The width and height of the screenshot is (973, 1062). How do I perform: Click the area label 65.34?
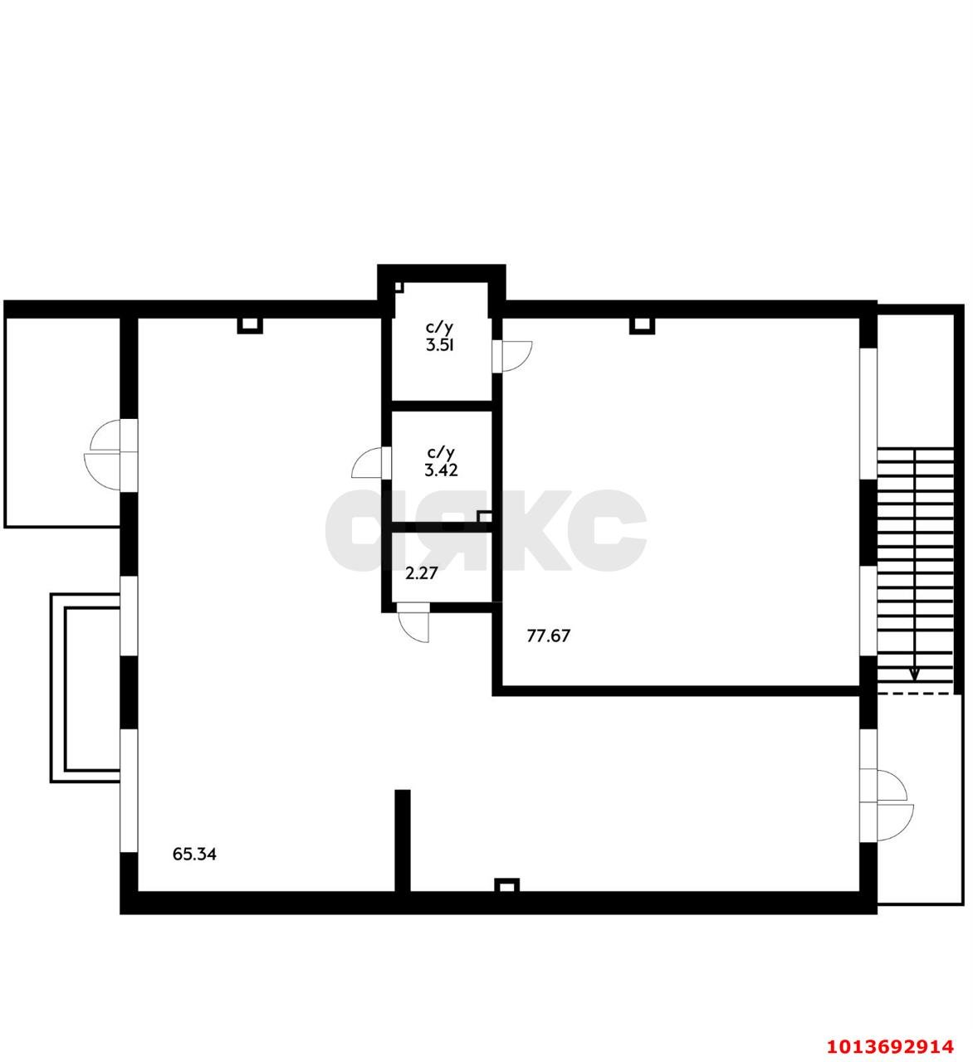[194, 855]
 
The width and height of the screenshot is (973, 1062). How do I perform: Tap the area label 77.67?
[549, 636]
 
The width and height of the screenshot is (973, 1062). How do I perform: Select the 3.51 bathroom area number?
[440, 345]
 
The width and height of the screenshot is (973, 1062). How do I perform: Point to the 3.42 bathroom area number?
[441, 470]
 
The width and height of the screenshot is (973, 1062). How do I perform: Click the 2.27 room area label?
[421, 572]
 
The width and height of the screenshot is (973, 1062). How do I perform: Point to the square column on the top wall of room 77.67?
[642, 326]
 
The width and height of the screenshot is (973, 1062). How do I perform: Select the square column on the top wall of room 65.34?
[250, 326]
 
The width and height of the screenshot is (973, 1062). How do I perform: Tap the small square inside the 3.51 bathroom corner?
[399, 287]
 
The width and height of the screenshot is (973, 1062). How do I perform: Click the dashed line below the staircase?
[915, 693]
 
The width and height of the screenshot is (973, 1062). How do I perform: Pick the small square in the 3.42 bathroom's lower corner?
[484, 517]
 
